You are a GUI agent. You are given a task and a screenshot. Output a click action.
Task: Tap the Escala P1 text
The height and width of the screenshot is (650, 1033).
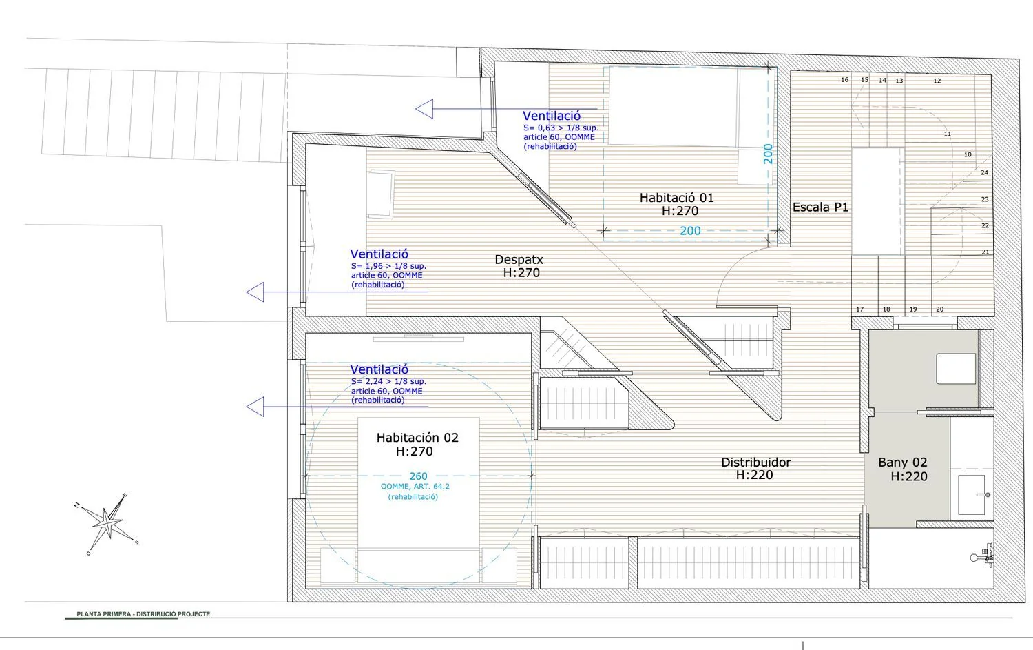[820, 207]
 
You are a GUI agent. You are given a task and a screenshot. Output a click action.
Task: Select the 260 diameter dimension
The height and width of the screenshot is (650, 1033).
[418, 476]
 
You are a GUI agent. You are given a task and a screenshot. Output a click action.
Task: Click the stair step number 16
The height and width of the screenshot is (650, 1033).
[844, 80]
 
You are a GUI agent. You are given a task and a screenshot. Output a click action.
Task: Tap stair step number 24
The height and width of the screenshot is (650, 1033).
[984, 172]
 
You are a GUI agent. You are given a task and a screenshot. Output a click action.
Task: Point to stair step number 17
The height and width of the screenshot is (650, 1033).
[859, 309]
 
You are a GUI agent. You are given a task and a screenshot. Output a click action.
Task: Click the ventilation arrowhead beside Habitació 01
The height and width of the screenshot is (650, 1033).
[424, 109]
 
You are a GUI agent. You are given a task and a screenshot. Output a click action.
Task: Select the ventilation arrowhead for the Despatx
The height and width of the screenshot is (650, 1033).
[255, 292]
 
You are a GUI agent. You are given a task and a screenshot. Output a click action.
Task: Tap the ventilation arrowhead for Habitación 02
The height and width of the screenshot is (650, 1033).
[255, 407]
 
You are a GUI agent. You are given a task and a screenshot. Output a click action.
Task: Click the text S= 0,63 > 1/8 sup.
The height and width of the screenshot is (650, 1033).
[561, 128]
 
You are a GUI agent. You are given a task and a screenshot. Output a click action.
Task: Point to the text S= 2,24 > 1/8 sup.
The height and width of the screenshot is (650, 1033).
[388, 381]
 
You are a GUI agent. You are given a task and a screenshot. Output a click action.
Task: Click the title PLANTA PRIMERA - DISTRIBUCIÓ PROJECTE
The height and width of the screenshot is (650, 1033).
[143, 614]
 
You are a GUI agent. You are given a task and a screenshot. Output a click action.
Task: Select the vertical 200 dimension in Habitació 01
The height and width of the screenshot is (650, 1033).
[768, 154]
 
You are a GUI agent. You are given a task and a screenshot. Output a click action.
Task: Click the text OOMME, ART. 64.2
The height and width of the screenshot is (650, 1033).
[415, 487]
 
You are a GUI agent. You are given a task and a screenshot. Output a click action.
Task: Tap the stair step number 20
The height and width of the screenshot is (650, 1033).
[940, 309]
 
